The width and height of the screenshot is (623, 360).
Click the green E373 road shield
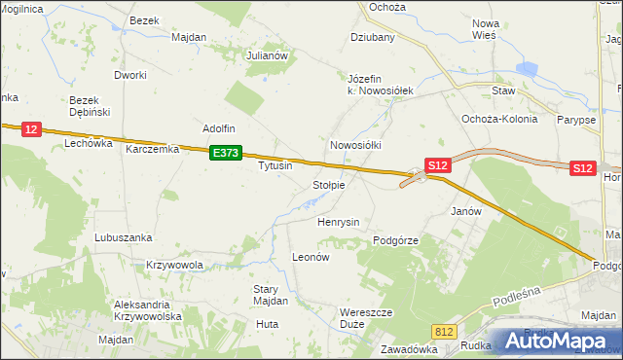click(226, 153)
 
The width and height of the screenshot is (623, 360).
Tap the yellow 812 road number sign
click(445, 332)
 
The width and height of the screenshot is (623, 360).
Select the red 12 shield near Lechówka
click(30, 129)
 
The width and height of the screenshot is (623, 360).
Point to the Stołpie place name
click(328, 185)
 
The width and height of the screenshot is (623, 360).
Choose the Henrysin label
click(339, 222)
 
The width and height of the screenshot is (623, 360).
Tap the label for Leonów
click(312, 258)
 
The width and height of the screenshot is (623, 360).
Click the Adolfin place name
click(219, 127)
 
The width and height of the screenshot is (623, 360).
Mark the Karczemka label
click(153, 150)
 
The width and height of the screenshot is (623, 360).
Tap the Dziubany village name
click(373, 38)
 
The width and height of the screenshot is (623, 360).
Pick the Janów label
click(467, 210)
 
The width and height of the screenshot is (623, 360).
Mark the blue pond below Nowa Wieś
click(527, 71)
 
